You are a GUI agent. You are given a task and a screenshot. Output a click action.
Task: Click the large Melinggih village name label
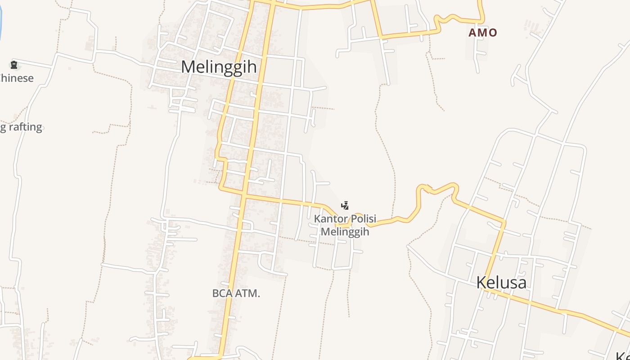pyautogui.click(x=219, y=67)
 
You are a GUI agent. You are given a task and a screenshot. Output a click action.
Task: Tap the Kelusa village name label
pyautogui.click(x=501, y=283)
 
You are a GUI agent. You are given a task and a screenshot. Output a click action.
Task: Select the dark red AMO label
pyautogui.click(x=482, y=32)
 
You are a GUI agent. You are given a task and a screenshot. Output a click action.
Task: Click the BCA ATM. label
pyautogui.click(x=236, y=293)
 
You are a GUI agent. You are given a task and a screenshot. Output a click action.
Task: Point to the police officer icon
pyautogui.click(x=345, y=206)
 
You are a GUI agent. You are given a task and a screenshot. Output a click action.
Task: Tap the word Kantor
pyautogui.click(x=331, y=219)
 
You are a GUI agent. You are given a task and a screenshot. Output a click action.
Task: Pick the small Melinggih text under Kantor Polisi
pyautogui.click(x=345, y=232)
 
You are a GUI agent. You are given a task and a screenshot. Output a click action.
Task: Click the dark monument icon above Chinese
pyautogui.click(x=14, y=65)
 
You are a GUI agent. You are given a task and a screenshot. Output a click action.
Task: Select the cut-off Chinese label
pyautogui.click(x=17, y=78)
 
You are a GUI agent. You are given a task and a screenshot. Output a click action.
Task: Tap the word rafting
pyautogui.click(x=25, y=127)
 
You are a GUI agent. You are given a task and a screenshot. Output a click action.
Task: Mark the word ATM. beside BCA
pyautogui.click(x=248, y=293)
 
